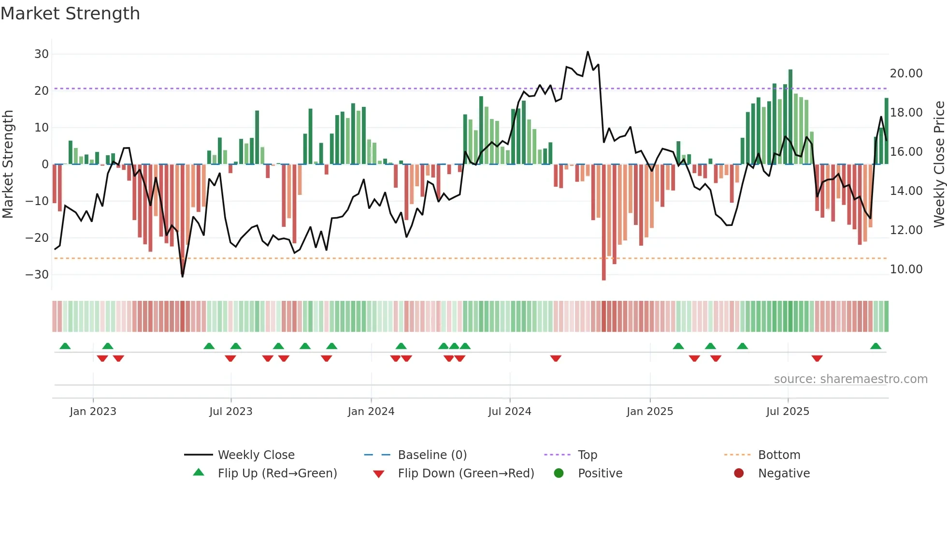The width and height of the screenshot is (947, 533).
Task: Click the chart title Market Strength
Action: coord(70,14)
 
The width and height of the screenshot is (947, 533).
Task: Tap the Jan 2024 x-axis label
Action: coord(371,412)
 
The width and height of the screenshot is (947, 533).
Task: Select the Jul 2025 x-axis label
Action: coord(788,412)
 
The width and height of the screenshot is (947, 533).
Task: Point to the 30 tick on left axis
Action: coord(42,54)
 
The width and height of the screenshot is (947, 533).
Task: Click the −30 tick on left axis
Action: coord(37,275)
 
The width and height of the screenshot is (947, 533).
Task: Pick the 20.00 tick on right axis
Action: coord(906,74)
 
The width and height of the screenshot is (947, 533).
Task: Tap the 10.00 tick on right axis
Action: coord(906,269)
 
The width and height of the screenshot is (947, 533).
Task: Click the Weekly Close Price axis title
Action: coord(939,164)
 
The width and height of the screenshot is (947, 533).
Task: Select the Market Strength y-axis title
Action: coord(8,164)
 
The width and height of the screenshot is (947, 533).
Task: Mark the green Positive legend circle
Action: coord(559,474)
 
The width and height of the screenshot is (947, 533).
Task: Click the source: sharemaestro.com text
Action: coord(850,379)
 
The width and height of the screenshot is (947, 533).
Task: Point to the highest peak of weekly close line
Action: coord(588,52)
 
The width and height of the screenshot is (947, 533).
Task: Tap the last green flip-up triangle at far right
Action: coord(875,346)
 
